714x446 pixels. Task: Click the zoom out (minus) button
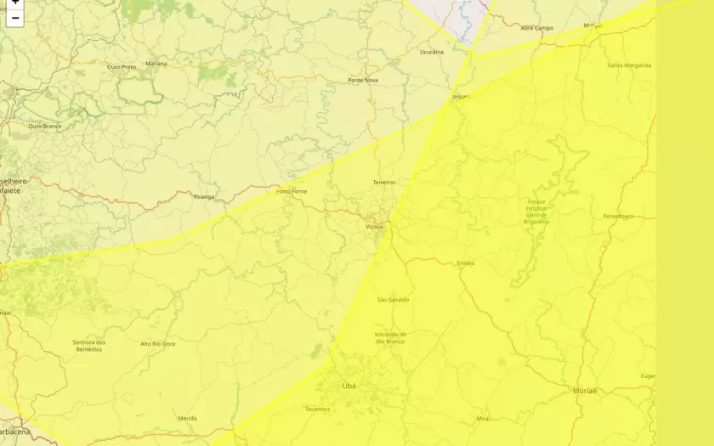[x=15, y=18]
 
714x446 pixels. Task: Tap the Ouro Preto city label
[x=122, y=66]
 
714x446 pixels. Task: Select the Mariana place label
[x=156, y=63]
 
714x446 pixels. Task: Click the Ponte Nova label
[x=363, y=80]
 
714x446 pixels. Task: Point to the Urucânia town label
[x=432, y=52]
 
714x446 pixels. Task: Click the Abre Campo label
[x=536, y=28]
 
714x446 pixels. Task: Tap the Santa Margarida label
[x=630, y=65]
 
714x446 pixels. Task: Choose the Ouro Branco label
[x=45, y=126]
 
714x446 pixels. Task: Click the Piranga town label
[x=204, y=196]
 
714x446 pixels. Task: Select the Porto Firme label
[x=292, y=191]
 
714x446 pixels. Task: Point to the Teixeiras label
[x=384, y=182]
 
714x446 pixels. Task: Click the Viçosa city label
[x=374, y=227]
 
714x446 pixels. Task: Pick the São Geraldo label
[x=393, y=300]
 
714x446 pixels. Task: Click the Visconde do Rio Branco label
[x=391, y=337]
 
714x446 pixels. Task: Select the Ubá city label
[x=349, y=386]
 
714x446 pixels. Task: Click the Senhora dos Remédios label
[x=89, y=346]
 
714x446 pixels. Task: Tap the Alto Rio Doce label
[x=158, y=343]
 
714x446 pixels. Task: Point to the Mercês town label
[x=188, y=418]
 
